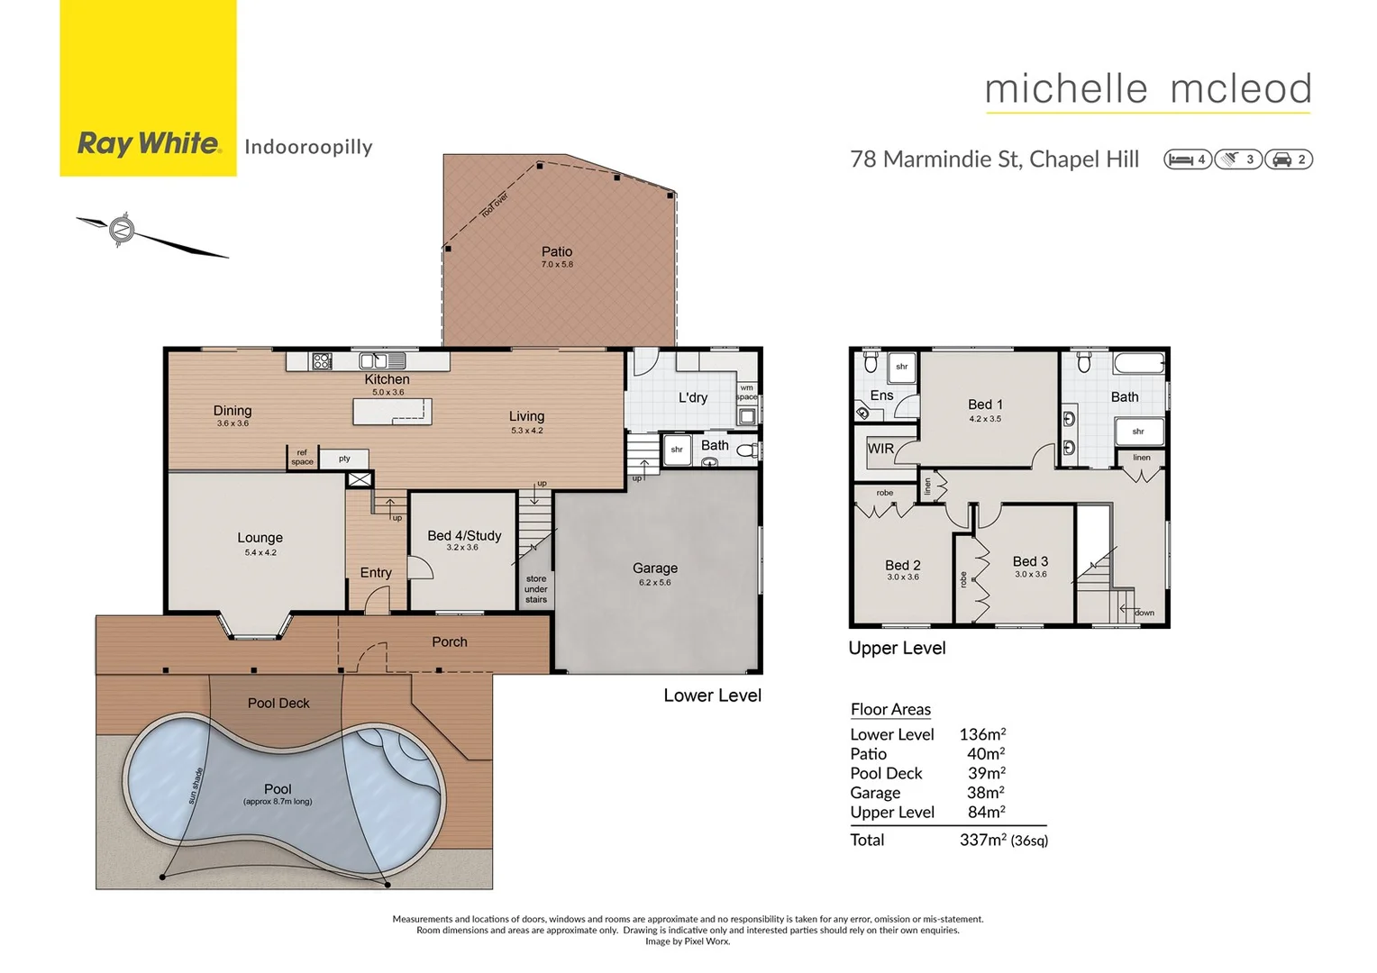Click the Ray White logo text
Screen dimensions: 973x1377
click(149, 143)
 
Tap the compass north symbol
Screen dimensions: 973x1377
click(122, 230)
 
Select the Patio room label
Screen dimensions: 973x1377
click(556, 252)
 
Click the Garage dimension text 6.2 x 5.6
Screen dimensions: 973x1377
click(654, 583)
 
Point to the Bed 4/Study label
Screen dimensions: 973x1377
click(463, 535)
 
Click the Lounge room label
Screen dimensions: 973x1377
click(260, 538)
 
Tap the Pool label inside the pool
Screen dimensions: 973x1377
click(278, 789)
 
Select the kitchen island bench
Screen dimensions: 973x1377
click(392, 412)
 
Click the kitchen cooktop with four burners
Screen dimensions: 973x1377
click(322, 361)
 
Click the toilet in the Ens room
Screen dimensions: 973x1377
click(871, 362)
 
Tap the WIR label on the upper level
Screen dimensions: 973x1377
click(880, 449)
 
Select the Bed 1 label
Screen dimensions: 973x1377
click(985, 405)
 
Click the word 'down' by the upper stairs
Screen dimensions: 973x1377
click(1144, 613)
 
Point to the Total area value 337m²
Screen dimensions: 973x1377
click(982, 840)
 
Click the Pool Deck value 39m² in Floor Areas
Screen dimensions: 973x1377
click(986, 773)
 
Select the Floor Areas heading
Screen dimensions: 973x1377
click(890, 709)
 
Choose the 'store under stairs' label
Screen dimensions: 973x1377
click(535, 589)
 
